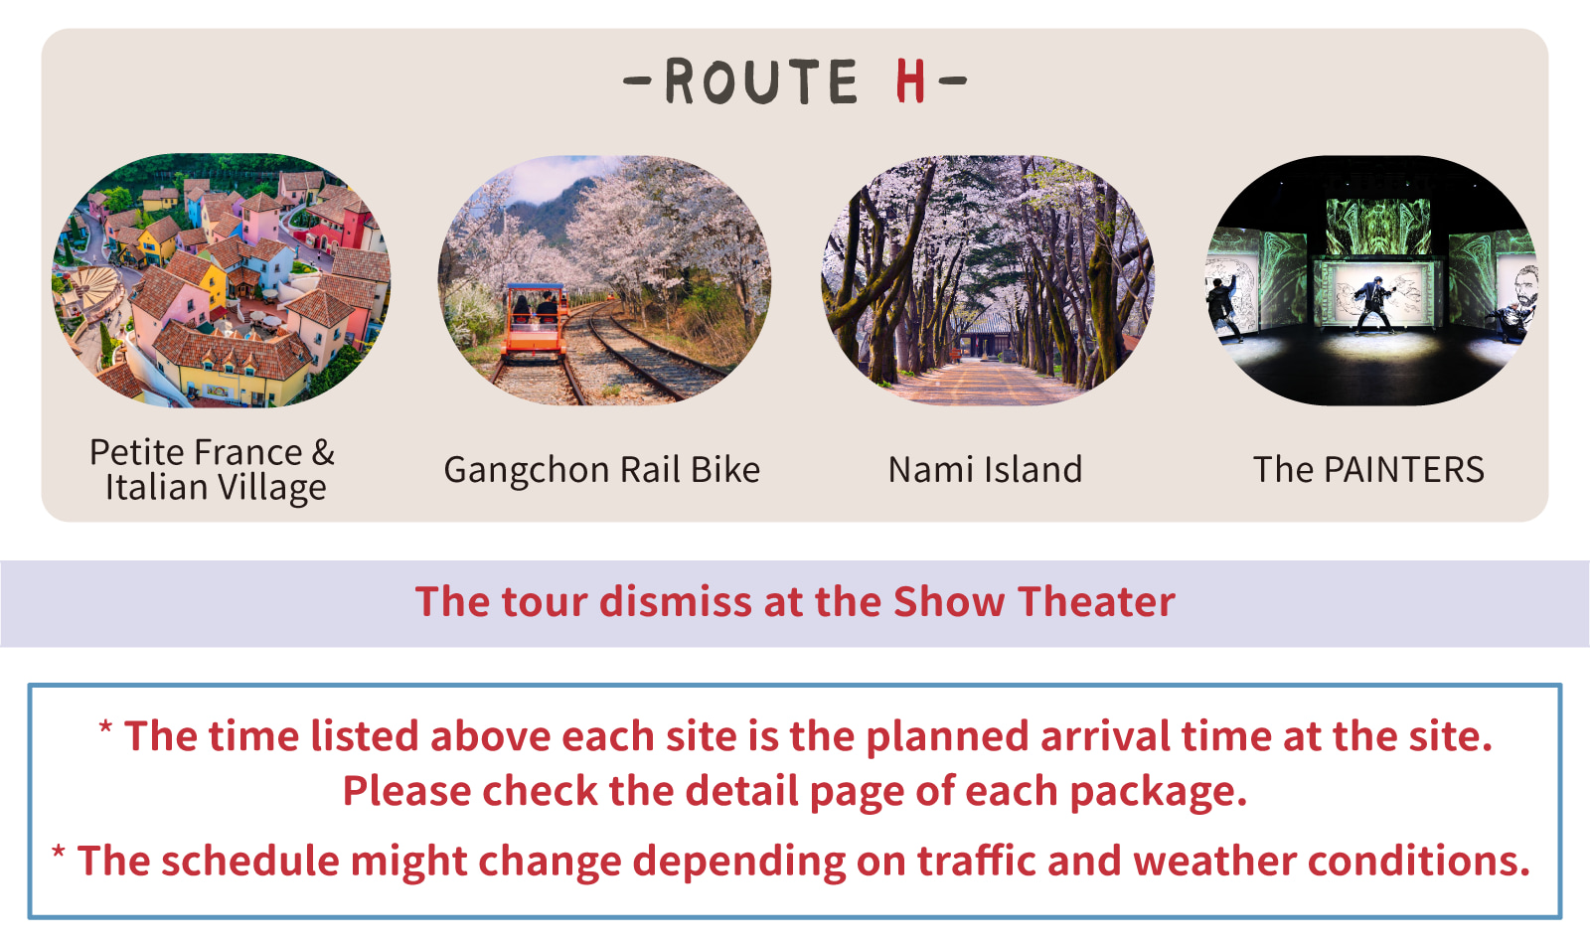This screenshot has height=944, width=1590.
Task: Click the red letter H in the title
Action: [910, 80]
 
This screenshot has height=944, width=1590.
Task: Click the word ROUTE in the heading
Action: [761, 81]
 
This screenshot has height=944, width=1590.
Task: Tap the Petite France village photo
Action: [221, 280]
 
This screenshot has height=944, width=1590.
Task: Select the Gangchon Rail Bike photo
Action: [604, 280]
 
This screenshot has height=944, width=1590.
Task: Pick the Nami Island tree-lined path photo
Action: [988, 280]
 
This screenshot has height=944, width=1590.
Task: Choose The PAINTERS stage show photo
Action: [1371, 280]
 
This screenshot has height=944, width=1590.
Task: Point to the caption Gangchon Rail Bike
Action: [602, 470]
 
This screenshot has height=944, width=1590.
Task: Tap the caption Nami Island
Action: [985, 470]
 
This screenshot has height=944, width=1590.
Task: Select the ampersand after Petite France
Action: [323, 452]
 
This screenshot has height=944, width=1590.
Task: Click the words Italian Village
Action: [216, 488]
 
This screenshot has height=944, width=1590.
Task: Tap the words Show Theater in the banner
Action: [1034, 602]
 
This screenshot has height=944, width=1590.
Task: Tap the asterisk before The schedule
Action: [59, 852]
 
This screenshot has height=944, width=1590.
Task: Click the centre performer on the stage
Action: [1372, 304]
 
